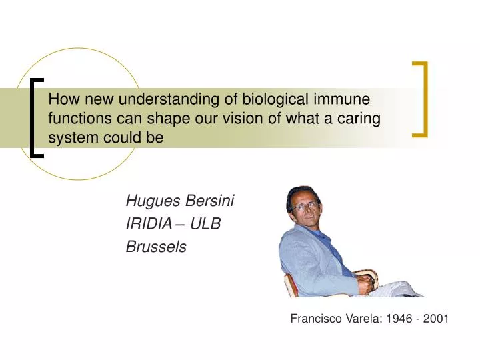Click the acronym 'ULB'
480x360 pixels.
point(206,224)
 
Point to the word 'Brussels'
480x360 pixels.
point(156,247)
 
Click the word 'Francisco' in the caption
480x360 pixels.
point(316,319)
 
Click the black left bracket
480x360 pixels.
point(35,117)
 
